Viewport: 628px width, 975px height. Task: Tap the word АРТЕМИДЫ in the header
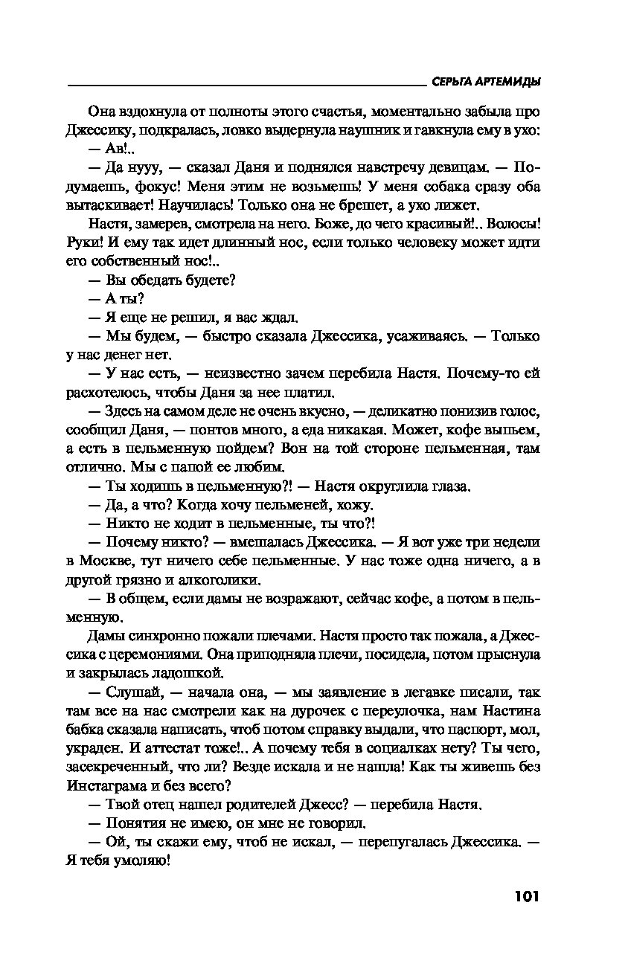point(508,82)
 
